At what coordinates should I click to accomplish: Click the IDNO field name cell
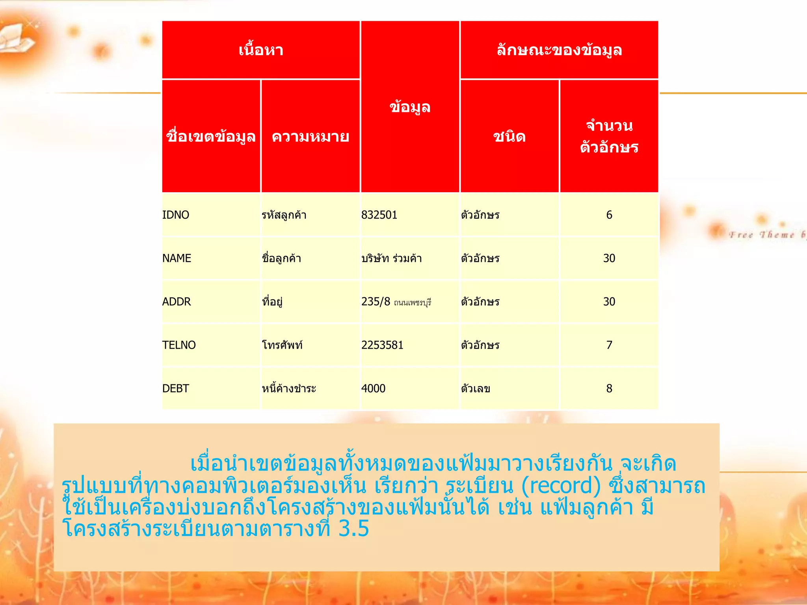coord(176,215)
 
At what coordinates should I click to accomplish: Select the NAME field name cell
coord(177,258)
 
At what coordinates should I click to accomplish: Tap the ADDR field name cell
coord(177,302)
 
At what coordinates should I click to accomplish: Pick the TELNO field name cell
coord(179,345)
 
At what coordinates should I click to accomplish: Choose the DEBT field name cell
coord(176,388)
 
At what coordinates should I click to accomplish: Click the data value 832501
coord(379,215)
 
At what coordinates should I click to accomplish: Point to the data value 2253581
coord(382,345)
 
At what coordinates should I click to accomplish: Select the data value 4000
coord(373,388)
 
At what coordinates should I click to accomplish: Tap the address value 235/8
coord(376,302)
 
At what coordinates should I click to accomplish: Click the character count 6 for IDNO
coord(609,215)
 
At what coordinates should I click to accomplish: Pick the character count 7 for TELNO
coord(609,345)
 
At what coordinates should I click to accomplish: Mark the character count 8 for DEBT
coord(609,388)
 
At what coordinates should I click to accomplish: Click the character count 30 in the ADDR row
coord(609,302)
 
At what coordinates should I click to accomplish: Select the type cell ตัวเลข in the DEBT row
coord(476,389)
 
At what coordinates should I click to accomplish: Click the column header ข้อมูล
coord(410,107)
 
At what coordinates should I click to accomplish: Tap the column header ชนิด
coord(509,137)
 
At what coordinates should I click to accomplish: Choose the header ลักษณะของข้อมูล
coord(559,50)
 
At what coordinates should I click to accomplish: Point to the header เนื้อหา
coord(261,50)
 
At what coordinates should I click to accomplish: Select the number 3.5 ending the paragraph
coord(353,528)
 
